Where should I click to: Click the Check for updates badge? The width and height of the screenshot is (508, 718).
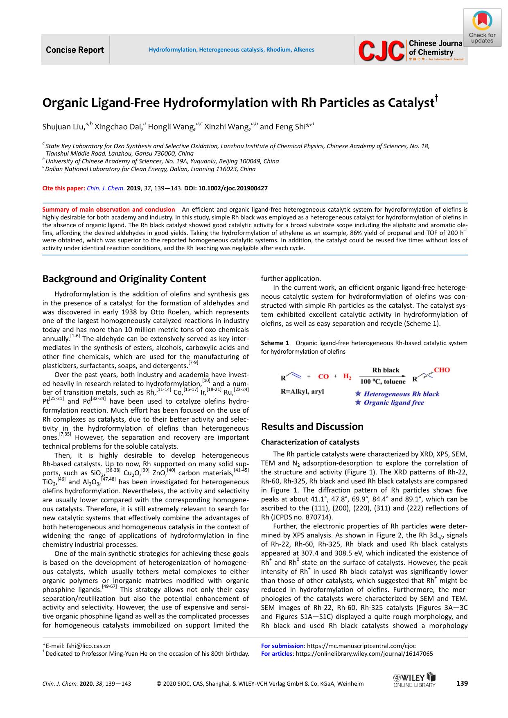click(x=482, y=27)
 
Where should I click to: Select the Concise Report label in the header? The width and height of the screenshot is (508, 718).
click(x=75, y=50)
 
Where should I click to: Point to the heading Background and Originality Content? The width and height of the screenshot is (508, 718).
click(x=124, y=279)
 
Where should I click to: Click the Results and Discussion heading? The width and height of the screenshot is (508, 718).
click(x=312, y=427)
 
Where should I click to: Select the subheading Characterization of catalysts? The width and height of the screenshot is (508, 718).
click(x=310, y=442)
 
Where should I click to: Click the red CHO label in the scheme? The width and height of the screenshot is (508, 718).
click(x=442, y=370)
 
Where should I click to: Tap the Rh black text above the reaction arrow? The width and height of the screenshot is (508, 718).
click(x=385, y=370)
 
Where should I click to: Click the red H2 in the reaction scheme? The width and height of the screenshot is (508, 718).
click(x=347, y=377)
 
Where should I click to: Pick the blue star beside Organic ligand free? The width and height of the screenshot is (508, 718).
click(x=358, y=403)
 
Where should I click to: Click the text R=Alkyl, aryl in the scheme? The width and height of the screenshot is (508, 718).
click(x=302, y=392)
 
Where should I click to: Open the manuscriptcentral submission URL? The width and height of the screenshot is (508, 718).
click(x=361, y=646)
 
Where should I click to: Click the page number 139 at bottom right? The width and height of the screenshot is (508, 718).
click(x=461, y=683)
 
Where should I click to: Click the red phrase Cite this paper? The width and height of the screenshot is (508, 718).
click(x=63, y=188)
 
